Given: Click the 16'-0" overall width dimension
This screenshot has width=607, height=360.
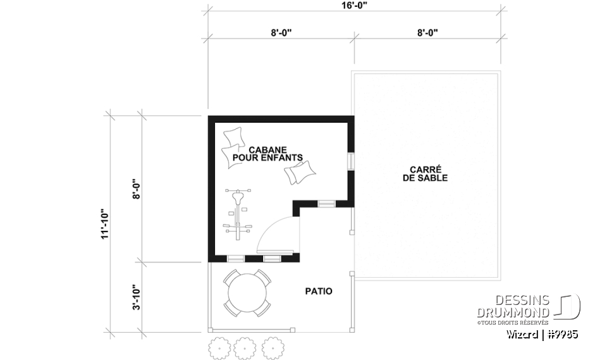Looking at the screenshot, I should pos(355,5).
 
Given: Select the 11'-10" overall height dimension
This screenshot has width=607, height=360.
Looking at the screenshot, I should pos(105,224).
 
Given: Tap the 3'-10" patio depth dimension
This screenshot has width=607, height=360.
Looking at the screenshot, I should pos(135,297).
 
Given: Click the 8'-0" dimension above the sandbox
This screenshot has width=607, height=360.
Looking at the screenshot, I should pos(427,32).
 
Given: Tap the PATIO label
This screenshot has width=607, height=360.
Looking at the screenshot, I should pos(319,292).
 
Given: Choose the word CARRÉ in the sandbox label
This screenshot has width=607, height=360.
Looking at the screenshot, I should pos(424,170).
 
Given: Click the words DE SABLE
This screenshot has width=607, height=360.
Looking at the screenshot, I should pos(424,178).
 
